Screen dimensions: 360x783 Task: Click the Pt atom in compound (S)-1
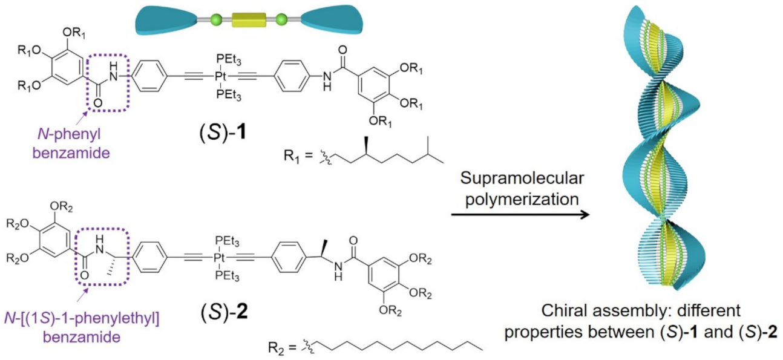click(x=220, y=76)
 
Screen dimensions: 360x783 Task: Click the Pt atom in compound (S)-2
click(x=220, y=257)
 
